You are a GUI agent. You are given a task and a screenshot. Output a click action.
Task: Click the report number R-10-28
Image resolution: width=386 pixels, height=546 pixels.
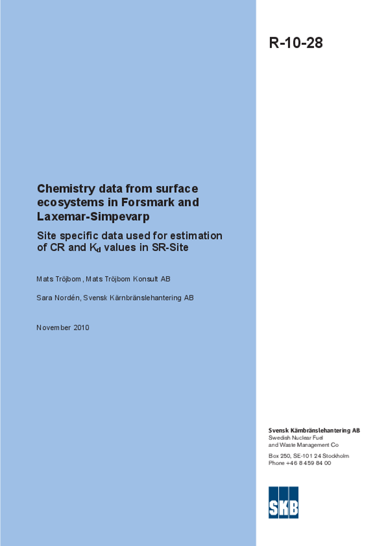click(x=296, y=43)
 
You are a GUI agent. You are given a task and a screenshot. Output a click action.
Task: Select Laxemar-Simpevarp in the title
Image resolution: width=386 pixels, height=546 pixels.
click(x=93, y=216)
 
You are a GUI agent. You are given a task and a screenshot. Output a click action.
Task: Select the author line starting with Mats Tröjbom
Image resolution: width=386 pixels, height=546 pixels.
click(x=103, y=279)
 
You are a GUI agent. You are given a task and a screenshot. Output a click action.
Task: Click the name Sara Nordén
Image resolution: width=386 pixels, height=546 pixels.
click(x=58, y=298)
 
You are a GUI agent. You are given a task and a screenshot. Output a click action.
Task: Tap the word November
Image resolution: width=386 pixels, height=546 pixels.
click(x=53, y=327)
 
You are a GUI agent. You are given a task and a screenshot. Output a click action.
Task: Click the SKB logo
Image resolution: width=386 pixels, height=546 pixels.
click(x=283, y=502)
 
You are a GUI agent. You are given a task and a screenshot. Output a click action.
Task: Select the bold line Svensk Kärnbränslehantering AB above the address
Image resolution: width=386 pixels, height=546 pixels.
click(x=314, y=430)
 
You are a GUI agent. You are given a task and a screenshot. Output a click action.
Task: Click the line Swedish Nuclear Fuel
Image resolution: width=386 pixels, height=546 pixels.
click(x=295, y=438)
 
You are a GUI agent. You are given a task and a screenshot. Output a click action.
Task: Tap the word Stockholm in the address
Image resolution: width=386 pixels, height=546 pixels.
click(x=336, y=456)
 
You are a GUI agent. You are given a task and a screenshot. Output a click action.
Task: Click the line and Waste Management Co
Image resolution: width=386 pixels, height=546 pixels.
click(x=303, y=445)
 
